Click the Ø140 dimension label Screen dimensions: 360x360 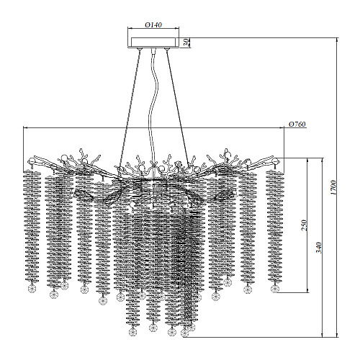click(153, 24)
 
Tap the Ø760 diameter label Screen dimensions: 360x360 click(297, 124)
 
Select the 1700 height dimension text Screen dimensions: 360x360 click(333, 187)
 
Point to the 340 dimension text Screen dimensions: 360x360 click(318, 248)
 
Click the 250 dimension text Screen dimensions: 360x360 click(304, 225)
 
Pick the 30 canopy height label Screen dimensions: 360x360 click(186, 42)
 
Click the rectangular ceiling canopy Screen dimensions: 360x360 click(153, 42)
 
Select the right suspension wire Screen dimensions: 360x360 click(177, 107)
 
